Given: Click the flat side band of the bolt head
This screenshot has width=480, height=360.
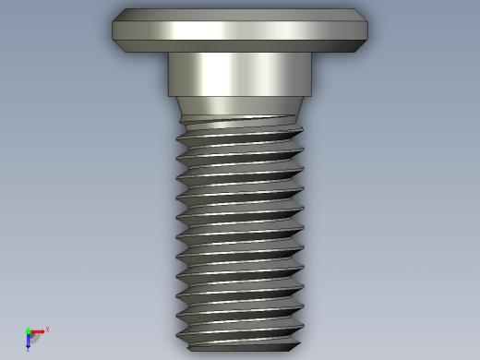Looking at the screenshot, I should pyautogui.click(x=240, y=30).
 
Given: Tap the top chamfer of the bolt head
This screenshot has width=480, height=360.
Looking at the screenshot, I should pyautogui.click(x=240, y=14).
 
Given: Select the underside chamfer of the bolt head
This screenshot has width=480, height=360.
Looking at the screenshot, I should pyautogui.click(x=240, y=46).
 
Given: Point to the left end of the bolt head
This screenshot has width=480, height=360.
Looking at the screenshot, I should pyautogui.click(x=114, y=30).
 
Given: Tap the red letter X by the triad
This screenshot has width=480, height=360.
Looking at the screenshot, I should pyautogui.click(x=47, y=329).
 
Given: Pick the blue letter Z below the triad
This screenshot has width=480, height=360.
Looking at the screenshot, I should pyautogui.click(x=28, y=349).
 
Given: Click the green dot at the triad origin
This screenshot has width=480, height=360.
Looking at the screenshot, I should pyautogui.click(x=28, y=330).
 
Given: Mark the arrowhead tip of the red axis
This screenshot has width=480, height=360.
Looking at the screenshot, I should pyautogui.click(x=42, y=330).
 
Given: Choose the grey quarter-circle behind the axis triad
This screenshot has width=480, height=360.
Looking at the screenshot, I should pyautogui.click(x=33, y=336).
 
